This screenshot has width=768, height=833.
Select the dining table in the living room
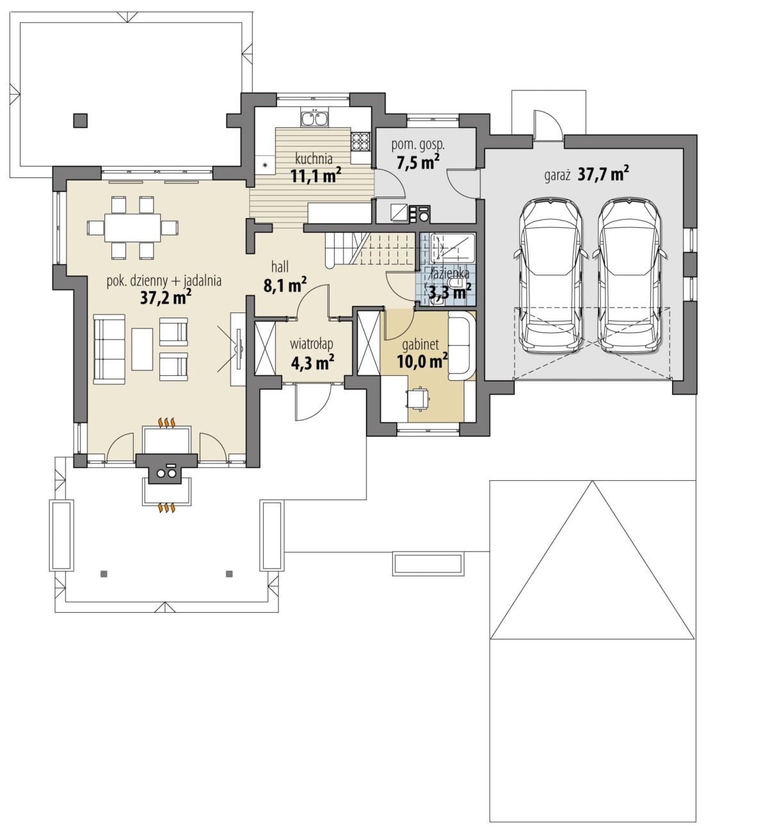click(132, 227)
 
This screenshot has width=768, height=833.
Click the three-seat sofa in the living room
click(109, 349)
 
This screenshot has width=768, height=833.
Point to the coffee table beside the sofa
click(142, 349)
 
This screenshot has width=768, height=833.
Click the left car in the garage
click(550, 275)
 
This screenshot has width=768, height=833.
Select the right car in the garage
click(629, 275)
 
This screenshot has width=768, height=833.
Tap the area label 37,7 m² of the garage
click(603, 174)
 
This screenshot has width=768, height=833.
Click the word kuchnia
click(314, 159)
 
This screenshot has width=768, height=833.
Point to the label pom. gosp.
click(418, 145)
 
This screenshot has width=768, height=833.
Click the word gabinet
click(420, 344)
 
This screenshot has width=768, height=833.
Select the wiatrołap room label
click(312, 344)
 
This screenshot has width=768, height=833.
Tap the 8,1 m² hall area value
click(285, 285)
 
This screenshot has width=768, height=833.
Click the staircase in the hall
click(369, 249)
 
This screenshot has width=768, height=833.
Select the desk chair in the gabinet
click(418, 397)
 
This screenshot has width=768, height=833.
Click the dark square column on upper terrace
click(81, 120)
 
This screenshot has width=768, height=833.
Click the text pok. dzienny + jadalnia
click(164, 281)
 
